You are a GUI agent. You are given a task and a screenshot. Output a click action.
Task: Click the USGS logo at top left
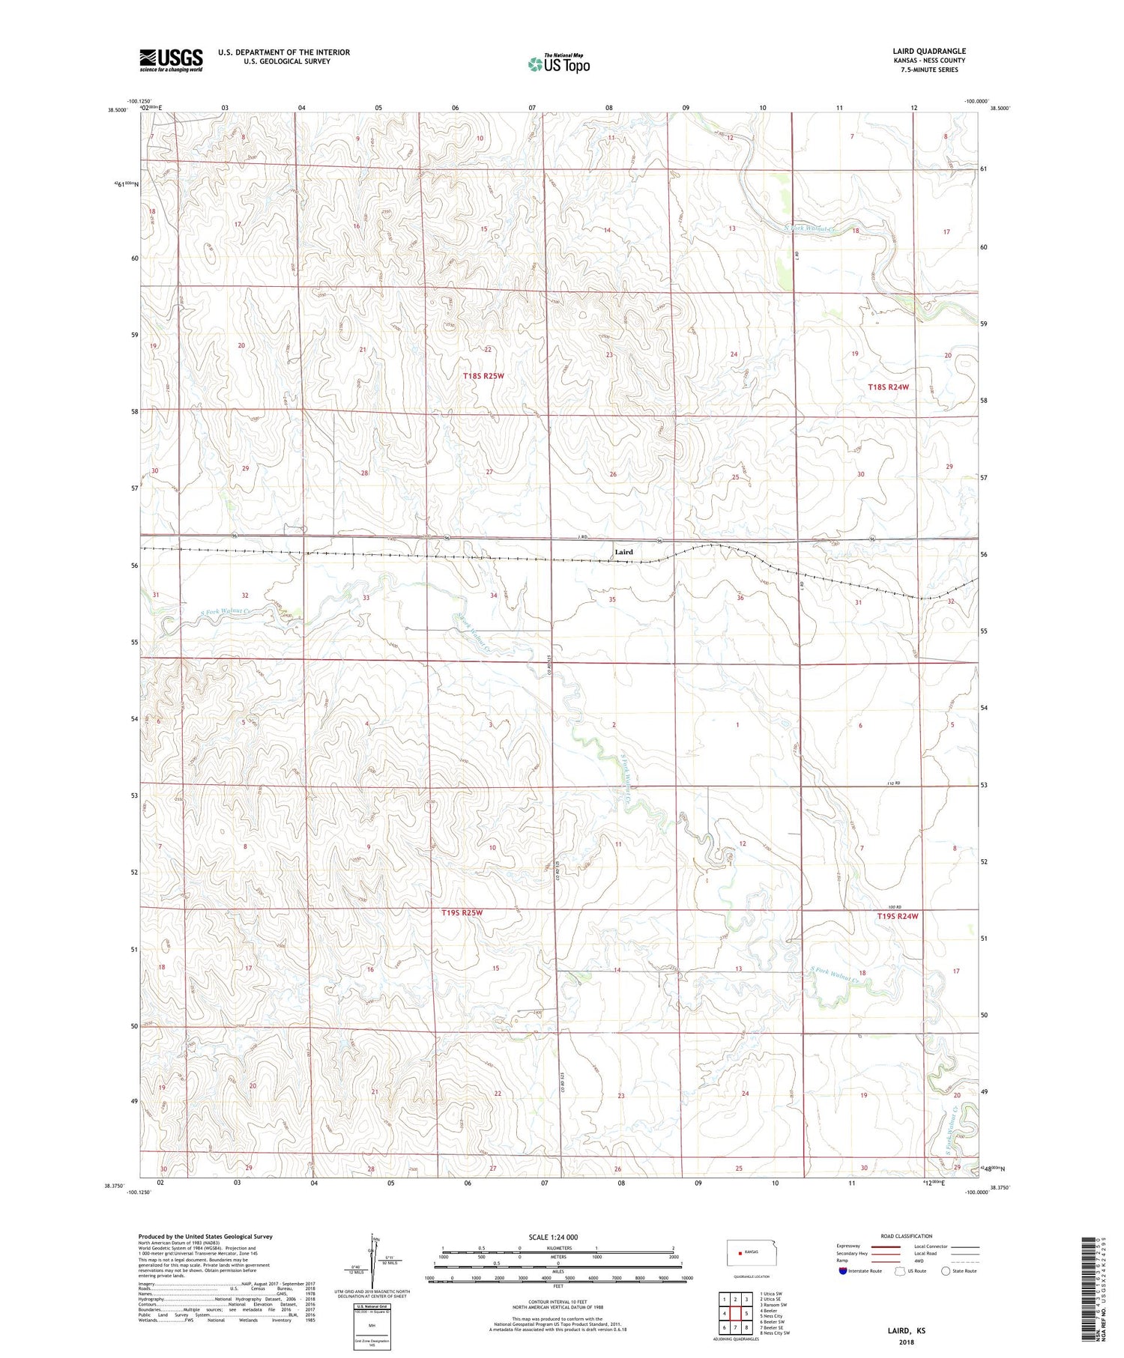[x=171, y=60]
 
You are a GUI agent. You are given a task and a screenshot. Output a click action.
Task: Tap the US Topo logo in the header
[x=558, y=64]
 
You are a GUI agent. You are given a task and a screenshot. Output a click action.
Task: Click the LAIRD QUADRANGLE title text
[x=928, y=51]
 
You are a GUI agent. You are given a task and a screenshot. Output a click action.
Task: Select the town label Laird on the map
[x=623, y=552]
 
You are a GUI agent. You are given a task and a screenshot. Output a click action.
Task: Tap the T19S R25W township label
[x=462, y=913]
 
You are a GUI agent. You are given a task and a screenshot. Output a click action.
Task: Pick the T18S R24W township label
[x=888, y=387]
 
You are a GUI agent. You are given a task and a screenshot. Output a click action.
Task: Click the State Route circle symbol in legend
[x=946, y=1270]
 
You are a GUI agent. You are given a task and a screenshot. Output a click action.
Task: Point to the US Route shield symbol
[x=901, y=1270]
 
